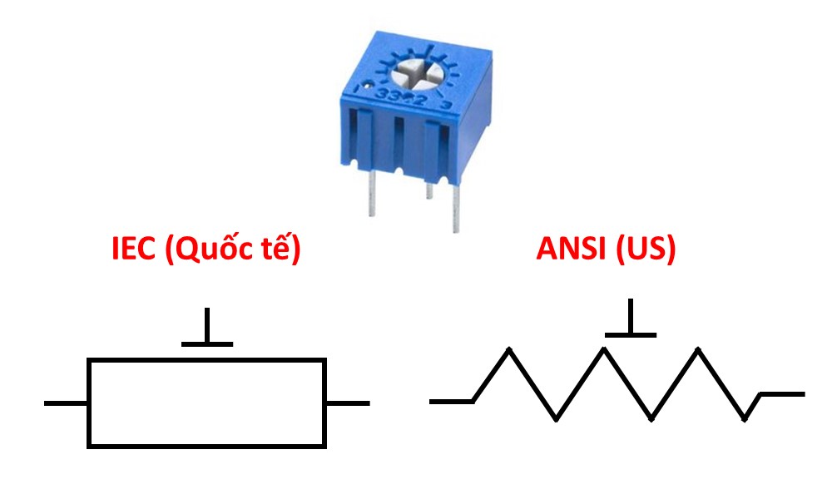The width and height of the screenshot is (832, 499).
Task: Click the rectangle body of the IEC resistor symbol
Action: pyautogui.click(x=206, y=403)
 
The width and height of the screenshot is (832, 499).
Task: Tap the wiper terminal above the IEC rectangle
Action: pyautogui.click(x=206, y=329)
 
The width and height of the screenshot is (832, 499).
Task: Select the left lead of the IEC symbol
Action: pyautogui.click(x=66, y=403)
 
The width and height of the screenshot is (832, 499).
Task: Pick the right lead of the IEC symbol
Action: pyautogui.click(x=347, y=403)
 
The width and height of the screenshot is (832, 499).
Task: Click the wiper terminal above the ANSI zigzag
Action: pyautogui.click(x=630, y=321)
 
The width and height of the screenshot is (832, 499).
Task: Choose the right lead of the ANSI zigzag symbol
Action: pyautogui.click(x=783, y=394)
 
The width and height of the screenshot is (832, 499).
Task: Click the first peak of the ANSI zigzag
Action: pyautogui.click(x=509, y=350)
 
